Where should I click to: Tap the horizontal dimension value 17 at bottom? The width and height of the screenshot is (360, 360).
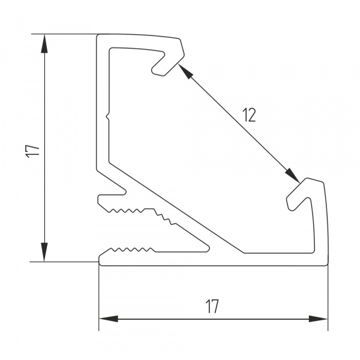point(211,307)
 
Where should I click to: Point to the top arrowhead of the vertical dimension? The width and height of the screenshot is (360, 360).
point(44,42)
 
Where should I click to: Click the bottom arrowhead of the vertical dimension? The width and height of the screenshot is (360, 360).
point(44,254)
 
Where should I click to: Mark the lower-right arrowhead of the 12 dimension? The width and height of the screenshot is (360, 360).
point(292,176)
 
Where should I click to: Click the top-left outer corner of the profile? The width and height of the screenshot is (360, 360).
point(99,35)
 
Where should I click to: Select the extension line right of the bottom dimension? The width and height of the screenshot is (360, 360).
point(328,300)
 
